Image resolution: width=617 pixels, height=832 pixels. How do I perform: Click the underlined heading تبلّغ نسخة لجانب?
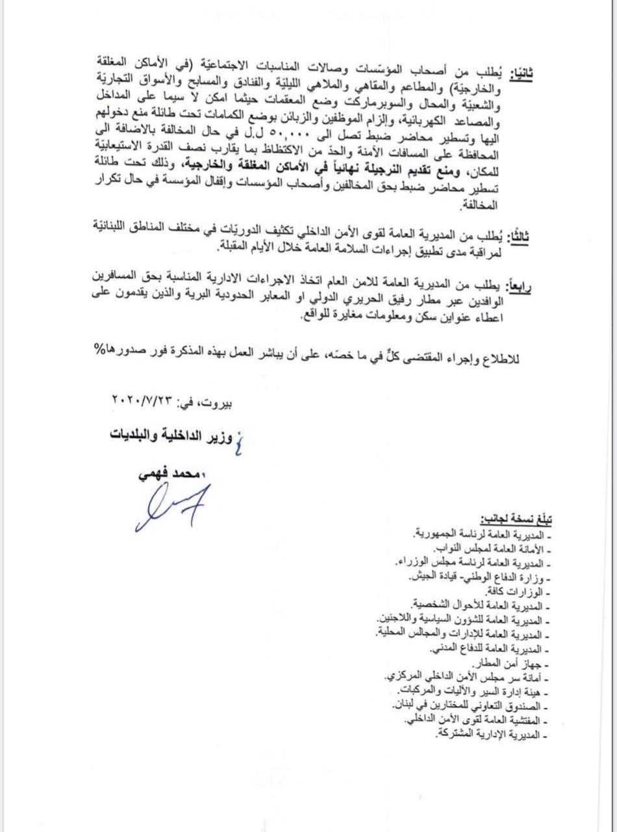[516, 520]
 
